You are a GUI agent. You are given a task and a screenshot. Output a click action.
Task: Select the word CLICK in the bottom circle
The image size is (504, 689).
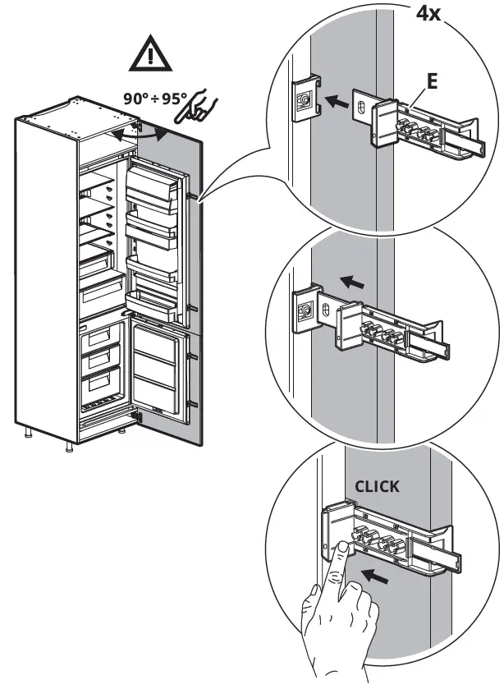377,486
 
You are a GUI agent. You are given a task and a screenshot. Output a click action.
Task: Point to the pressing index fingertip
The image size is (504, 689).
339,548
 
